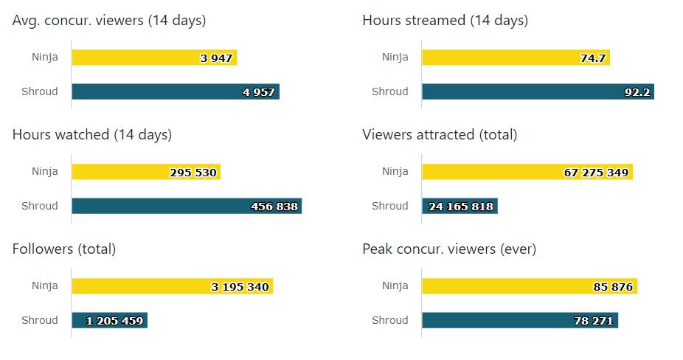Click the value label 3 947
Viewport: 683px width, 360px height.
[x=216, y=58]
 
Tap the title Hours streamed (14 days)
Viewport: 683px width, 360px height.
[x=445, y=21]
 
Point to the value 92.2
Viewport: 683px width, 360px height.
[x=637, y=92]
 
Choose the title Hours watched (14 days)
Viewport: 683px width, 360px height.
[x=92, y=135]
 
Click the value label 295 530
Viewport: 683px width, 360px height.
[x=193, y=173]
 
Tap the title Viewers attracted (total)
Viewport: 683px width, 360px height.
[x=440, y=135]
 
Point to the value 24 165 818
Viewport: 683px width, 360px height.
[x=461, y=207]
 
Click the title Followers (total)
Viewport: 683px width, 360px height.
[x=64, y=249]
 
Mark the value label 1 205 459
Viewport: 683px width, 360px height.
[x=114, y=321]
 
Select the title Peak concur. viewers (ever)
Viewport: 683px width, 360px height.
[x=449, y=249]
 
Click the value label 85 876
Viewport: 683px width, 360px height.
[x=613, y=287]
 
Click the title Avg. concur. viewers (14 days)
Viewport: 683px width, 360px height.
[x=109, y=21]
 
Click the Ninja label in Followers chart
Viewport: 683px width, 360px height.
[x=44, y=286]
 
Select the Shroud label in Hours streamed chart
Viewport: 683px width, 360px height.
[x=389, y=92]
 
